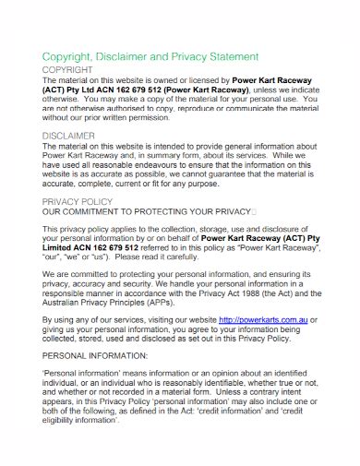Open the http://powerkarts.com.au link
coord(263,319)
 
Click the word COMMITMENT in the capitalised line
coord(98,210)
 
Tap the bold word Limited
coord(62,248)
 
